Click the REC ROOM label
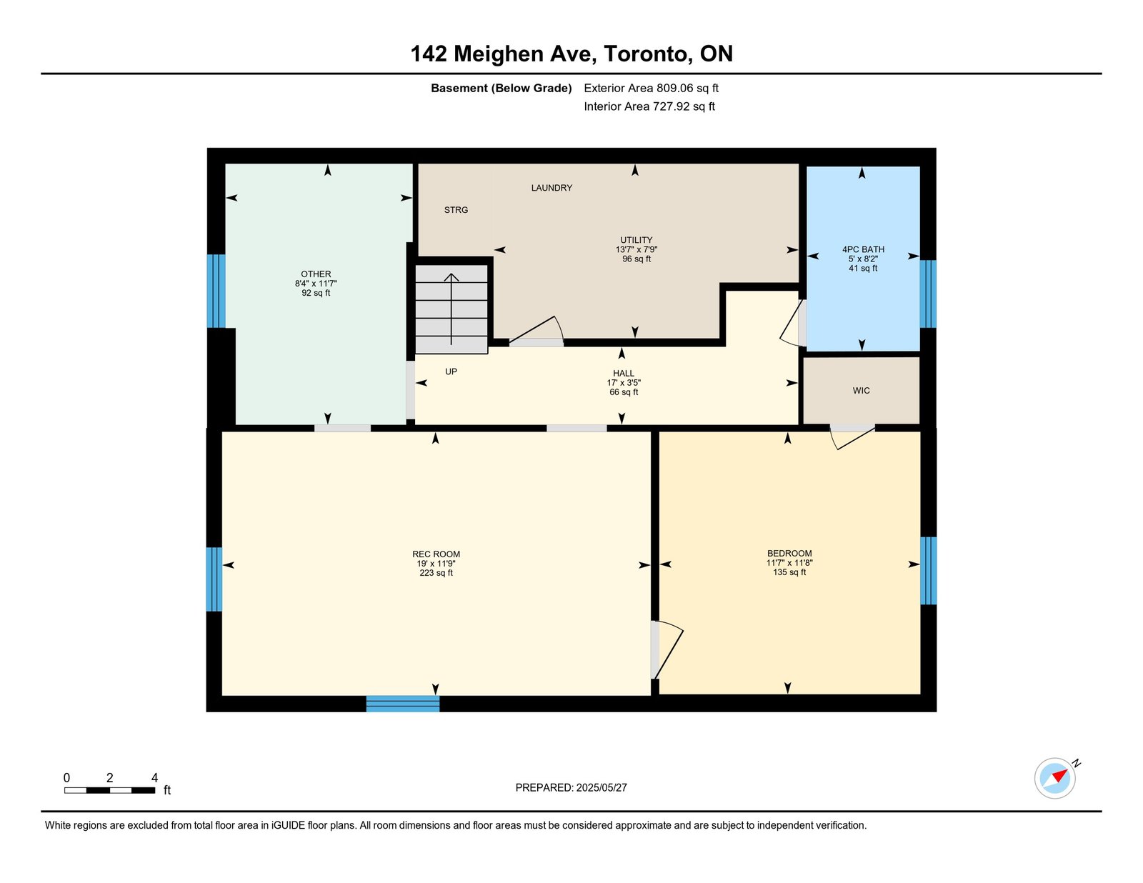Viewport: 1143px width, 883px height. point(436,554)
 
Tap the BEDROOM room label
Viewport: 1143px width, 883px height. point(789,553)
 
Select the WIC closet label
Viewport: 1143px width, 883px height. point(861,390)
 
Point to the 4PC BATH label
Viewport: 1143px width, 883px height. point(863,249)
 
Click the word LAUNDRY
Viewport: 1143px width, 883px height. point(551,188)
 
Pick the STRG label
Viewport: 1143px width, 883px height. point(456,210)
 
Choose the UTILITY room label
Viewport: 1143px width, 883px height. point(636,240)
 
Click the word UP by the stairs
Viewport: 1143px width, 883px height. point(451,371)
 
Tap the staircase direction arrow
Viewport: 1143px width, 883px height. point(451,309)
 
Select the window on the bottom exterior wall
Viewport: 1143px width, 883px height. point(402,704)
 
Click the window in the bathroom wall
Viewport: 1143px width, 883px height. point(928,294)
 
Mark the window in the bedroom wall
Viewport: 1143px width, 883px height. point(929,571)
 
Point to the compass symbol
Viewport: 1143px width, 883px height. point(1054,779)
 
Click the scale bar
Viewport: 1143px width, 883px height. point(110,790)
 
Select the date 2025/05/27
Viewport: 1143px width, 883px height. point(602,788)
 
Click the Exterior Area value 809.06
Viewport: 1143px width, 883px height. point(675,89)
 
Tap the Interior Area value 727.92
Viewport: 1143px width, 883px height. point(672,106)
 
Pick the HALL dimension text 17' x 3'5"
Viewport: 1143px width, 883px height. point(624,383)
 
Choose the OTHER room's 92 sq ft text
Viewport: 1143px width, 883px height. point(316,293)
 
